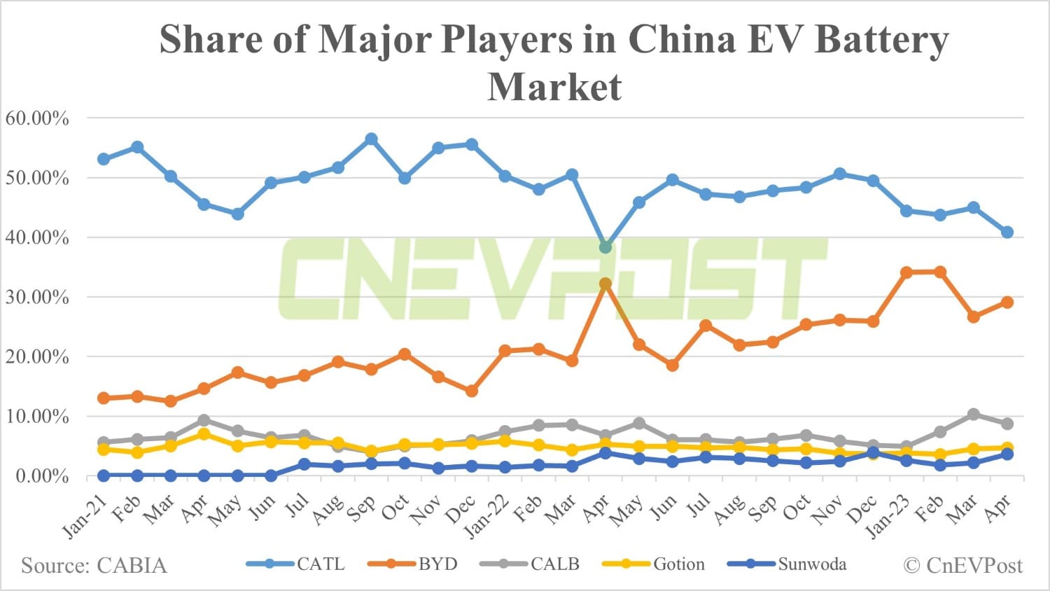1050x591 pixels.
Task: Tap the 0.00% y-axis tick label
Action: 42,476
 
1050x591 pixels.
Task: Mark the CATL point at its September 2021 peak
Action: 371,139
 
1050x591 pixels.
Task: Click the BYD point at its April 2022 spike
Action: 605,284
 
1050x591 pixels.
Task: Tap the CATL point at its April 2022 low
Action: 605,247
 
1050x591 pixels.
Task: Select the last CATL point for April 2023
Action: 1007,232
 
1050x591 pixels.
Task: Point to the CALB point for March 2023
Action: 973,415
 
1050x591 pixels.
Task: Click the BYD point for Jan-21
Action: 104,398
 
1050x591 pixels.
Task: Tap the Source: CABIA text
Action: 94,565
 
